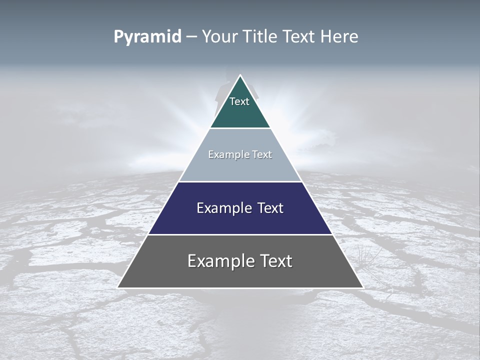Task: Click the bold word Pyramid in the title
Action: [x=147, y=37]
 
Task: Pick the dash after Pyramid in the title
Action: [x=191, y=37]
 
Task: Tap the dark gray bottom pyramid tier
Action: [x=240, y=275]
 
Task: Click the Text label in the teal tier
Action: [x=239, y=101]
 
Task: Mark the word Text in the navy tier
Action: [x=270, y=208]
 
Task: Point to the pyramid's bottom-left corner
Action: [x=118, y=287]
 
